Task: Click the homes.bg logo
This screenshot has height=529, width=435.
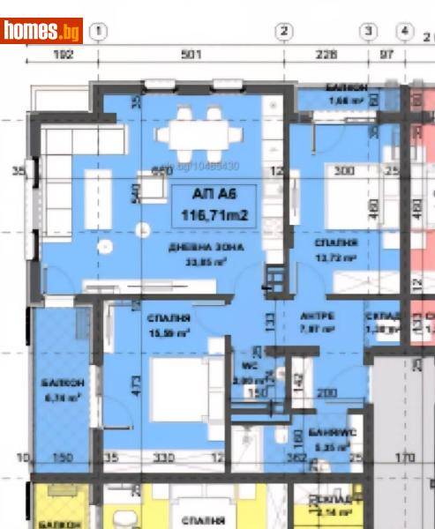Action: tap(41, 31)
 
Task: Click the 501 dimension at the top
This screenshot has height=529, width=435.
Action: tap(191, 54)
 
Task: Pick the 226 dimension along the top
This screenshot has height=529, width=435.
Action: tap(326, 54)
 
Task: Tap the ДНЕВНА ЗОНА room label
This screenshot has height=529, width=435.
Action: tap(207, 247)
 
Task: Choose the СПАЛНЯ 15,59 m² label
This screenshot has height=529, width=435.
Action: tap(169, 324)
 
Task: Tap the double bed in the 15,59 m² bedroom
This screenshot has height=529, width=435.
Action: tap(180, 384)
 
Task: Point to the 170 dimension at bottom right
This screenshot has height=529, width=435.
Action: tap(403, 458)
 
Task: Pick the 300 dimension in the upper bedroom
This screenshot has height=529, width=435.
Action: tap(344, 171)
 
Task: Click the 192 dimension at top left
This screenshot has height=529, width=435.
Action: tap(62, 54)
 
